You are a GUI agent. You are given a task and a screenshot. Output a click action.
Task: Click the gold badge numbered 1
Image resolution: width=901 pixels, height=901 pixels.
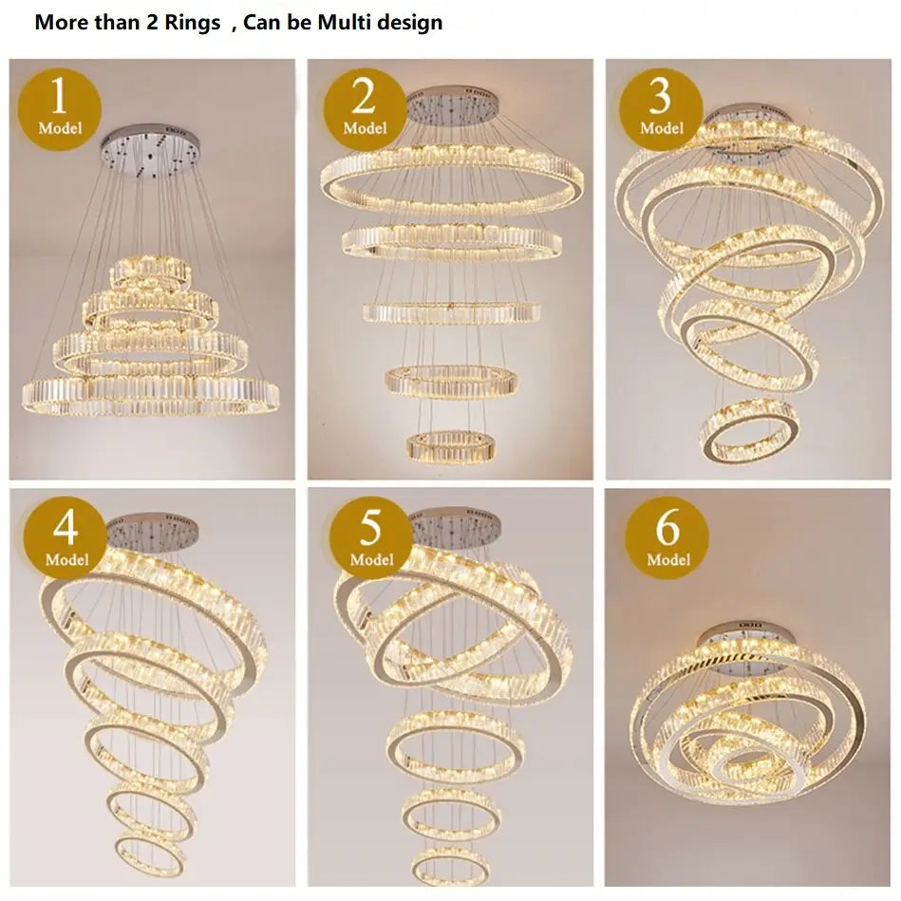[60, 107]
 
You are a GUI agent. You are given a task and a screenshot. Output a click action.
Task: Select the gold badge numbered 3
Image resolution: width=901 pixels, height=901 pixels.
[661, 107]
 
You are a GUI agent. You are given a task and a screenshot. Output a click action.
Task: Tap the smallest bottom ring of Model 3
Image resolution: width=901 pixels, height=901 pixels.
[748, 432]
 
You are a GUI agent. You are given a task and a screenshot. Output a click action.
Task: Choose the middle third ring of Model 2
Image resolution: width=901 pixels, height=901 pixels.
[450, 311]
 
